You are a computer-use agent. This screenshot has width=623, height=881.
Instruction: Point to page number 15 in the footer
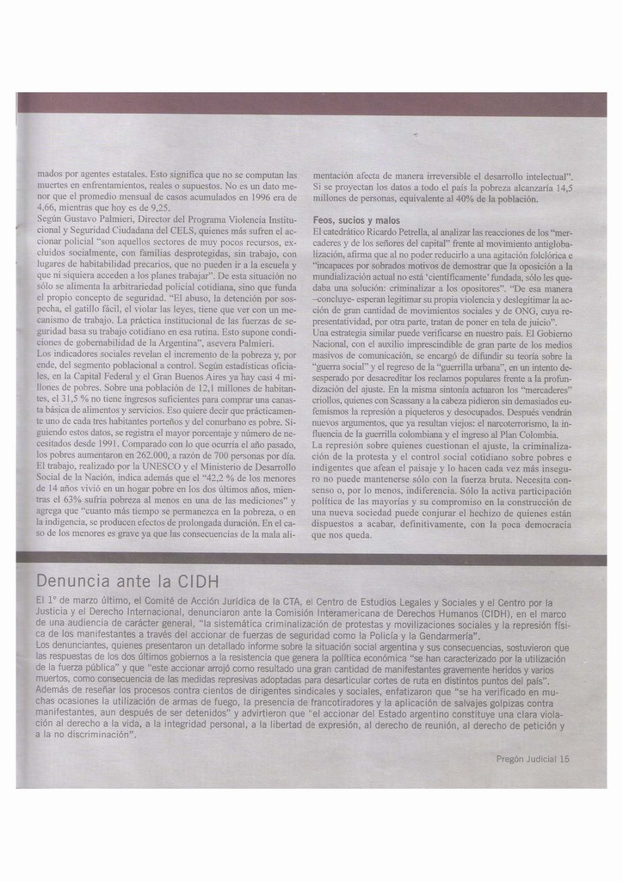pos(564,759)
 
